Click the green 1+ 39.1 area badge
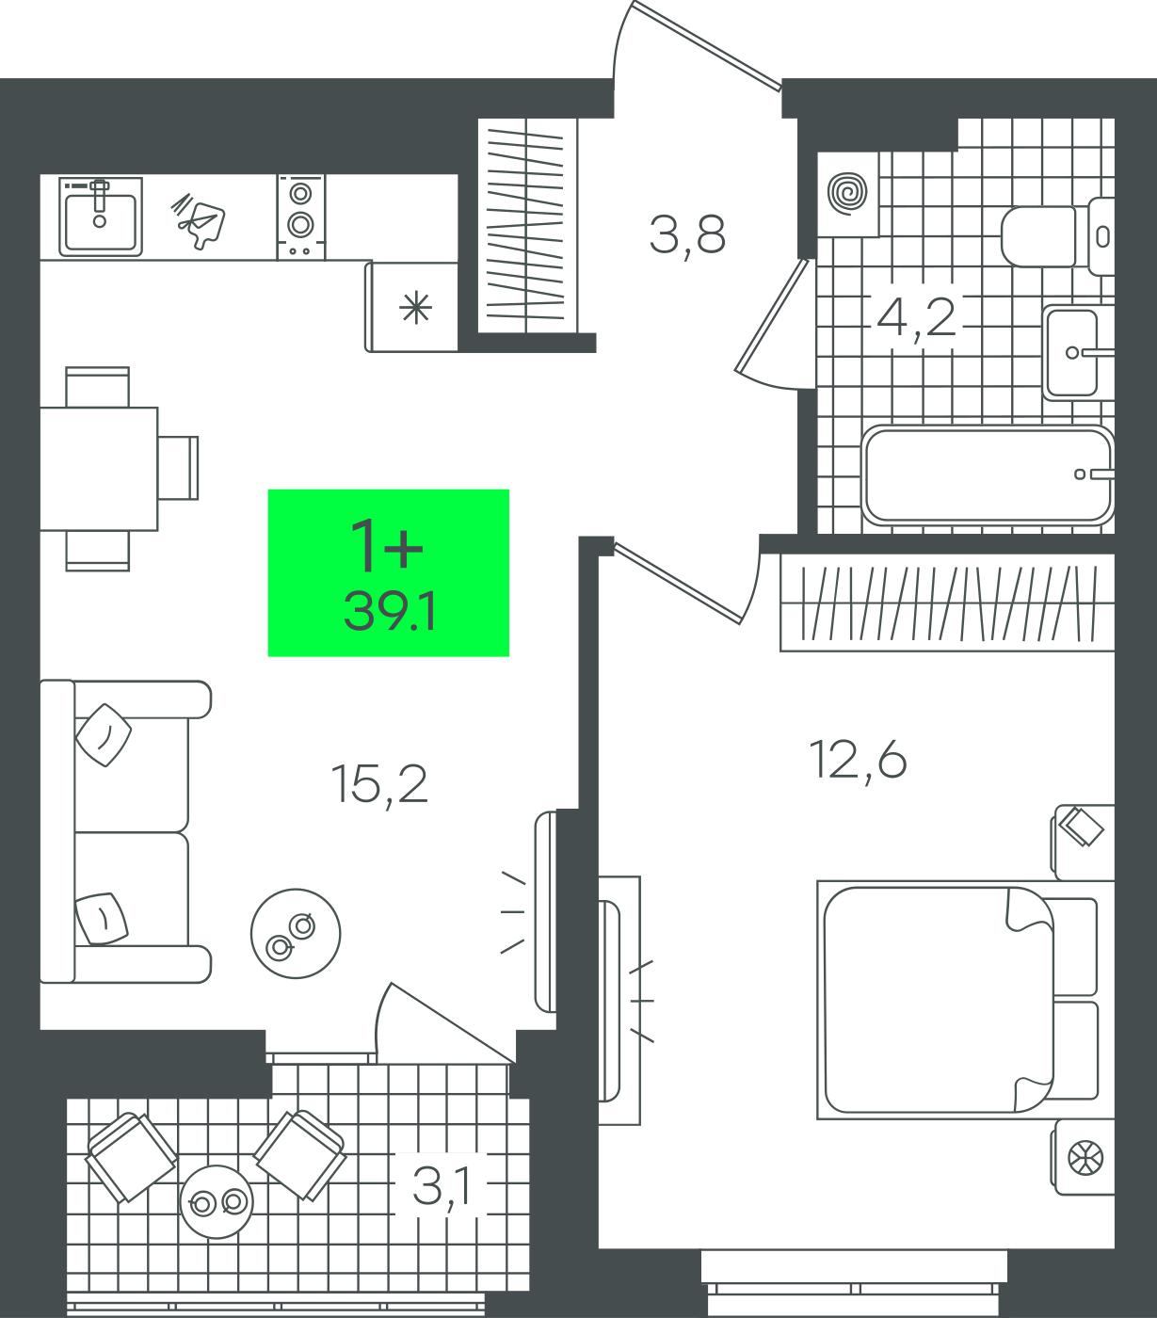tap(389, 572)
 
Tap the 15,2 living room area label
tap(379, 784)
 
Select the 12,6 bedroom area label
tap(858, 761)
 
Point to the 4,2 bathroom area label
tap(916, 318)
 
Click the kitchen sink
tap(100, 216)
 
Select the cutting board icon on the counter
tap(199, 220)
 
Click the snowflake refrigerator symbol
tap(416, 308)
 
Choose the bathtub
tap(988, 474)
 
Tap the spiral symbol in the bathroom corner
tap(847, 193)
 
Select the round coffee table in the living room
tap(296, 934)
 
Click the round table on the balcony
tap(217, 1201)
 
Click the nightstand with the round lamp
tap(1083, 1157)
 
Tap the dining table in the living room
tap(99, 469)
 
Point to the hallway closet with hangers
tap(527, 226)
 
